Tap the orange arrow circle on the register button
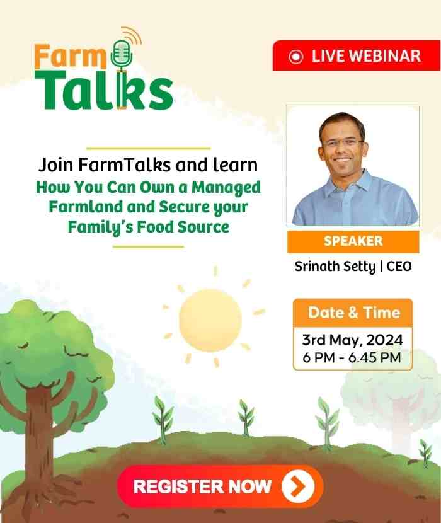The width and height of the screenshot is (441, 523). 297,486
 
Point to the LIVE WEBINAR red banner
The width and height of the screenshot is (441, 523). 356,56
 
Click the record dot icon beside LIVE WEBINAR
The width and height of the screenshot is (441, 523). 295,57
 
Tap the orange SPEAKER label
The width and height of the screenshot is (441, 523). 353,241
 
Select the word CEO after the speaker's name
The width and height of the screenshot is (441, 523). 399,266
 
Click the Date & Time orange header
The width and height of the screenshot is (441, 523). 353,313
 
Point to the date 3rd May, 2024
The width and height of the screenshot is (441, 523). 352,341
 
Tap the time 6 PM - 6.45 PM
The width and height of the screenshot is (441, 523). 352,359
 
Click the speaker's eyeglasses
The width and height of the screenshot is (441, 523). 343,143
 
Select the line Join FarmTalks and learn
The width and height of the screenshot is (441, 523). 148,166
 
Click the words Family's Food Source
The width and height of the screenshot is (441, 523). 148,226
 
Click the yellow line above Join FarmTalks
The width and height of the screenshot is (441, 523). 147,149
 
